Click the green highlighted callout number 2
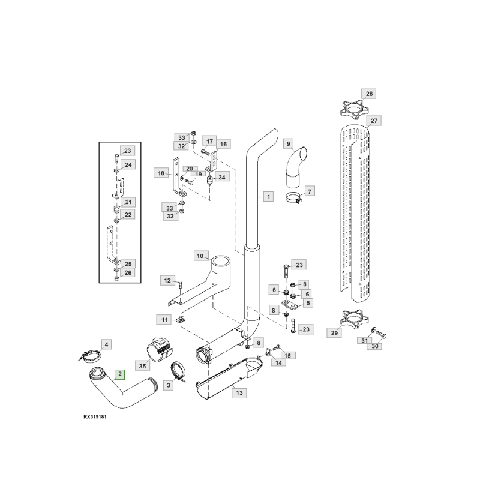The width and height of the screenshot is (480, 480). point(121,374)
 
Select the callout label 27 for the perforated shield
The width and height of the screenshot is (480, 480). point(374,121)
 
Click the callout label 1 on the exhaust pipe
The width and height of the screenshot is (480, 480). point(267,196)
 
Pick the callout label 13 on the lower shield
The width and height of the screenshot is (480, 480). point(239,393)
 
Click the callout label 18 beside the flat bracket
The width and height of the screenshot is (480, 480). point(161,173)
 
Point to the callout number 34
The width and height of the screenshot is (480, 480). point(222,177)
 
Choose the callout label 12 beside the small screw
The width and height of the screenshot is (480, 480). point(168,280)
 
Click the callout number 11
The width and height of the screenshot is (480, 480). point(164,318)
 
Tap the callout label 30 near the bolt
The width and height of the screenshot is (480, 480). point(375,346)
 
